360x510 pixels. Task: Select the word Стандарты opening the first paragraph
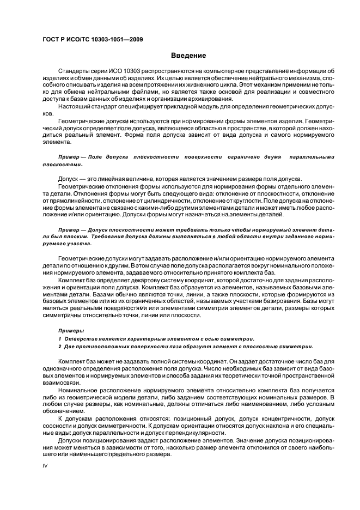75,71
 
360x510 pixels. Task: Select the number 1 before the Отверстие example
59,338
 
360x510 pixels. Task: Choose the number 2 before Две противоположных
59,346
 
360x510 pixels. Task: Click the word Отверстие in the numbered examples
78,338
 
